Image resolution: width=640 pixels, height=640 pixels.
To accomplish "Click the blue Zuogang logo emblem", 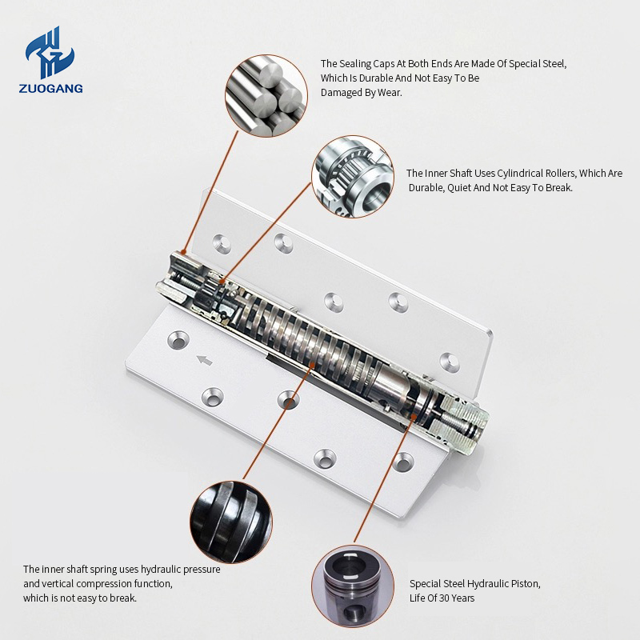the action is pos(50,52).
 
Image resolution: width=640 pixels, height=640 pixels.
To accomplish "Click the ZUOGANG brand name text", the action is pos(50,89).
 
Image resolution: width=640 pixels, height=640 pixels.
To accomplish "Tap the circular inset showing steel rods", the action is pos(266,96).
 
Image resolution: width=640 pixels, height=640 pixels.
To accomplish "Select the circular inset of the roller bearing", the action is pos(353,176).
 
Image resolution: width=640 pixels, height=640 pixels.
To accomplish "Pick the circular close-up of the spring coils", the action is pos(231,522).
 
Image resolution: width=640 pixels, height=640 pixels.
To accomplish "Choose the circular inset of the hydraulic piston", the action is pos(353,586).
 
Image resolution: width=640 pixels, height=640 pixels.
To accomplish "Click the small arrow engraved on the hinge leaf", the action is pos(205,361).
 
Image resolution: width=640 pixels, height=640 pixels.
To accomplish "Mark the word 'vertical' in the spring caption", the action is pos(57,584).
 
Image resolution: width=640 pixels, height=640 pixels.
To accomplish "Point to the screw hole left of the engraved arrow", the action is pos(178,339).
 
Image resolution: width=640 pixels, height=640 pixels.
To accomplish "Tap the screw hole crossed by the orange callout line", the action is pos(288,399).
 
